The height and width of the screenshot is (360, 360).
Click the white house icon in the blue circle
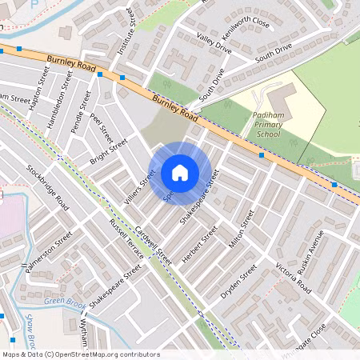[180, 172]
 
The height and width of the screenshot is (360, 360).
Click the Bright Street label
[109, 150]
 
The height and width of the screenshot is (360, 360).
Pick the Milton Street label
[241, 230]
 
